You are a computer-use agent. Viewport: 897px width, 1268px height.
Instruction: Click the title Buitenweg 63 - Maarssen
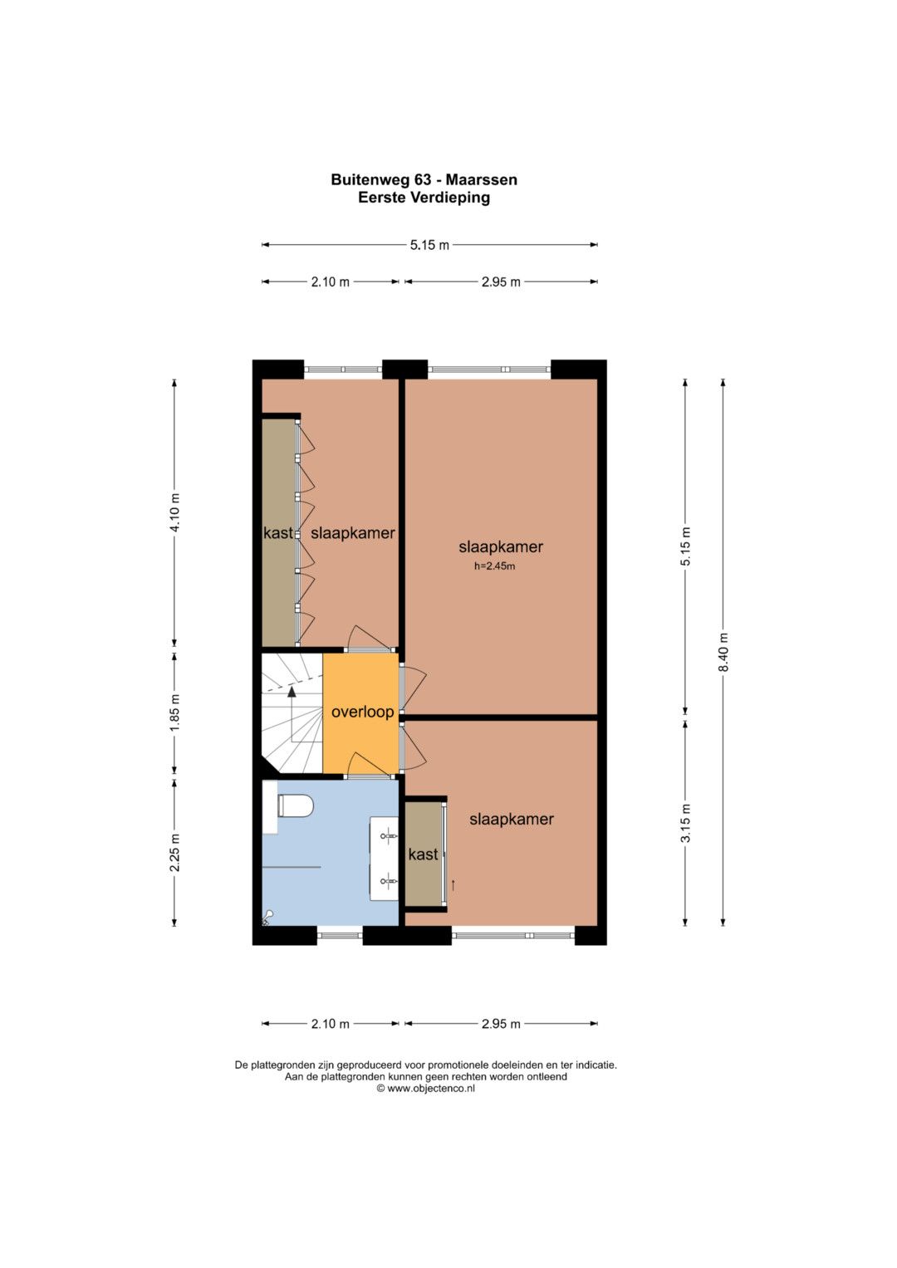424,180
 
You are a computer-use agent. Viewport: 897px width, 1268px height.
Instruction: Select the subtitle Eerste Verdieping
424,198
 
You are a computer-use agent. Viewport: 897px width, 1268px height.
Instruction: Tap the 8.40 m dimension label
723,651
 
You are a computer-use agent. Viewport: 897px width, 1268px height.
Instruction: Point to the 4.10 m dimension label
175,512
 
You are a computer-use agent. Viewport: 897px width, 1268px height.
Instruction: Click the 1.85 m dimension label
175,712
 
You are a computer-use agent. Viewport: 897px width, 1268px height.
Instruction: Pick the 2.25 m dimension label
175,853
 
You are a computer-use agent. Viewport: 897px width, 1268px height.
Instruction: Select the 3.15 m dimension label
685,823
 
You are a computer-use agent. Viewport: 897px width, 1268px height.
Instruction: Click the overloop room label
362,712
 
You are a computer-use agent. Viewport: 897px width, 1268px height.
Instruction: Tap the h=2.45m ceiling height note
494,566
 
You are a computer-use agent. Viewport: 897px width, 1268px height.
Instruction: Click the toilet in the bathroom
295,806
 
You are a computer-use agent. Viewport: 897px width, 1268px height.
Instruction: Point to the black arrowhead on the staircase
292,691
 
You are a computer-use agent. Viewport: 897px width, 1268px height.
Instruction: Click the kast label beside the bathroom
423,854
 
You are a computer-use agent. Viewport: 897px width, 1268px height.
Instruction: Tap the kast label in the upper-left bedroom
278,532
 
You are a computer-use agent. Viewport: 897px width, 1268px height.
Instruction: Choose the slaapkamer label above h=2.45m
501,547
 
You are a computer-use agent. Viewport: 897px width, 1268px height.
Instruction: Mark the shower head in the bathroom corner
267,914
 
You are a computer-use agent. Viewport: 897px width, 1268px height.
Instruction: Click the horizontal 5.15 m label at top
430,245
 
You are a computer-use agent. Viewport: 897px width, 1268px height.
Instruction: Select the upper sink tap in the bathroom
388,835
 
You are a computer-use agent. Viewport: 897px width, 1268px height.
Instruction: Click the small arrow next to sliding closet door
453,884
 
